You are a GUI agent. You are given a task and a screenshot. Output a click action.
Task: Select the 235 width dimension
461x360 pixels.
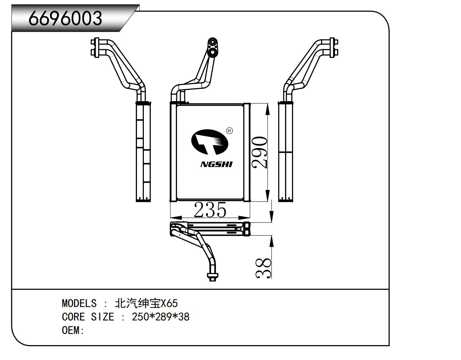[210, 210]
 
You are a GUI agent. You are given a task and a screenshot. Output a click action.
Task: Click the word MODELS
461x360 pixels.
[79, 303]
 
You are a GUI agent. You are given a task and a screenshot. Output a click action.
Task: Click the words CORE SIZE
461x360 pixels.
[88, 317]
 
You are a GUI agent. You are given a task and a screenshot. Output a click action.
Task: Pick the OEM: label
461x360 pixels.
[73, 330]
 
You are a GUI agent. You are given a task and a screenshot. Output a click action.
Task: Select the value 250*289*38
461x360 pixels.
[161, 317]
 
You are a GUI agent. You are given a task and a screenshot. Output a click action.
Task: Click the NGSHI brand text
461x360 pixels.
[216, 164]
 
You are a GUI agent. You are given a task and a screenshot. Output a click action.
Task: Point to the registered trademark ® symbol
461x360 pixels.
[229, 131]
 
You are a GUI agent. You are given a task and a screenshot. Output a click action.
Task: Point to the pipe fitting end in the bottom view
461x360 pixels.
[212, 276]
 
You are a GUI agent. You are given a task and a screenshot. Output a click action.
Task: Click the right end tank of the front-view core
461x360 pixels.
[247, 152]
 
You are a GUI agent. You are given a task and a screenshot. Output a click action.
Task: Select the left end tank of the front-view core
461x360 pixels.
[173, 152]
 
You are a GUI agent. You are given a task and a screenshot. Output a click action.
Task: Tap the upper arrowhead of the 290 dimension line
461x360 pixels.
[268, 108]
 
